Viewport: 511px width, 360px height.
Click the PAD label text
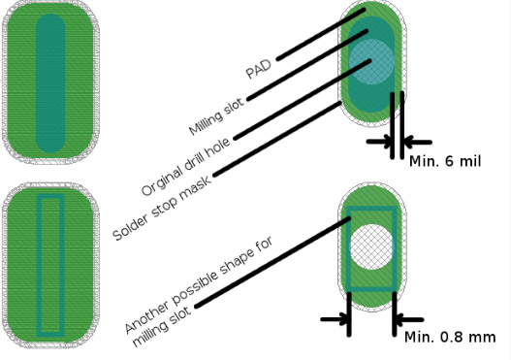tap(259, 69)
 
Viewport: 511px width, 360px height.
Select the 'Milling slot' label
tap(216, 116)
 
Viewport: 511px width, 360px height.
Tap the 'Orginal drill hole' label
tap(186, 166)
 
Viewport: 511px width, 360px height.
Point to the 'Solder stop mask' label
tap(162, 208)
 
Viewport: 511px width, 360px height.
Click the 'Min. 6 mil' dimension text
tap(445, 161)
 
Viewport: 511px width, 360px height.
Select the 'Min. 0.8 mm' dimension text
tap(450, 337)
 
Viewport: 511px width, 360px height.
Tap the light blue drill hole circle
tap(371, 62)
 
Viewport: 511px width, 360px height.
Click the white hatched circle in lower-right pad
tap(371, 246)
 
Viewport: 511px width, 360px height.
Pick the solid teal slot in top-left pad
tap(50, 83)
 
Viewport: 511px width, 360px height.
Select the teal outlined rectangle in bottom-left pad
tap(39, 266)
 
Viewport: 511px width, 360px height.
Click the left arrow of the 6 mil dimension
tap(380, 142)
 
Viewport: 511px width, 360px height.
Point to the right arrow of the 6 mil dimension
tap(418, 142)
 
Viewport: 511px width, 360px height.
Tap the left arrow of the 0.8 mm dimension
tap(335, 319)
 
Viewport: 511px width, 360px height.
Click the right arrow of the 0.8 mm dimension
tap(409, 319)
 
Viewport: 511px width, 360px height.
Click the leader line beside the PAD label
tap(321, 35)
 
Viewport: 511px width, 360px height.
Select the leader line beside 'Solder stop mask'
tap(277, 139)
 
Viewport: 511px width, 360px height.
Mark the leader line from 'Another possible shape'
tap(273, 262)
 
